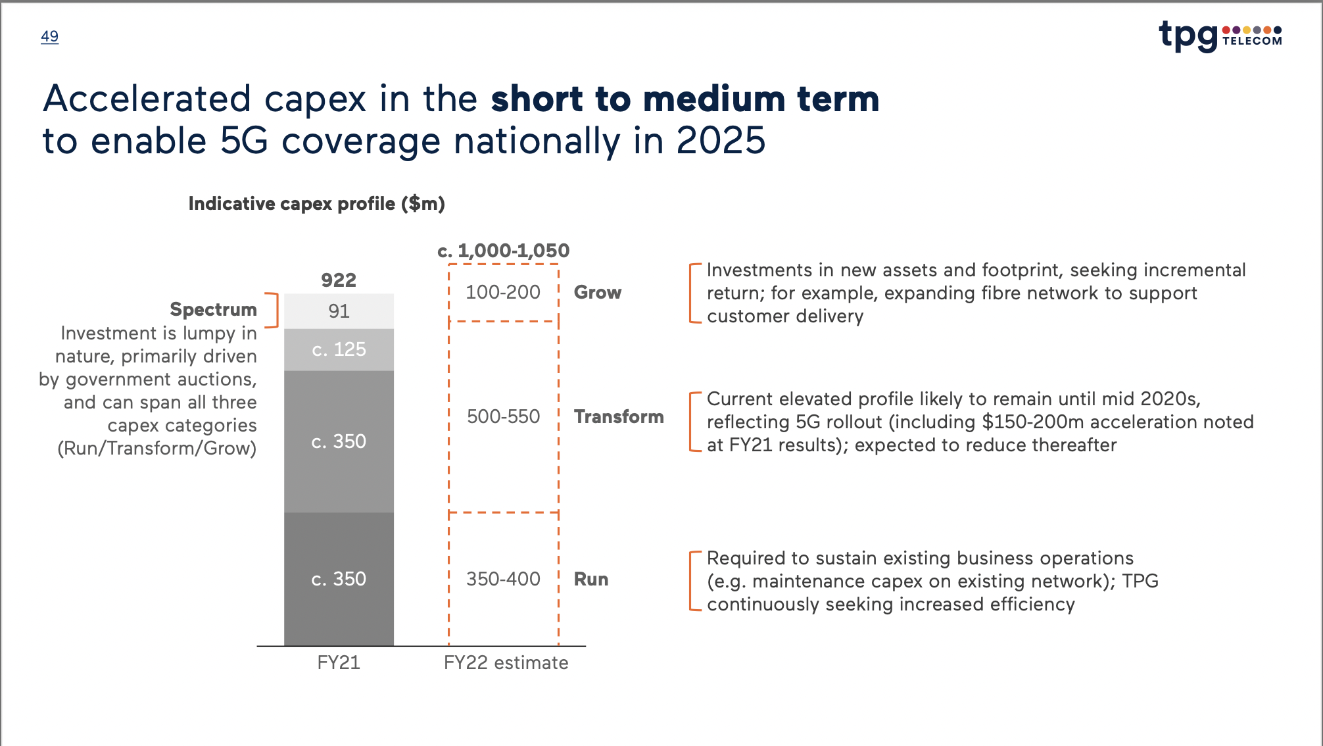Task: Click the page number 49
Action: pyautogui.click(x=49, y=36)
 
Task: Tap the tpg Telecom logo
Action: pyautogui.click(x=1220, y=36)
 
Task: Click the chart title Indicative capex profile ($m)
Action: pyautogui.click(x=316, y=204)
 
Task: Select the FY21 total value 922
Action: pyautogui.click(x=339, y=280)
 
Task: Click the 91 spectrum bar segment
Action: pyautogui.click(x=339, y=311)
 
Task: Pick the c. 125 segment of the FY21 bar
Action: pyautogui.click(x=339, y=349)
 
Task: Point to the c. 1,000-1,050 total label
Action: pyautogui.click(x=504, y=251)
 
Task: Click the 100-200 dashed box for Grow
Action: pyautogui.click(x=503, y=292)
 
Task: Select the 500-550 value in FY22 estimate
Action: pyautogui.click(x=503, y=416)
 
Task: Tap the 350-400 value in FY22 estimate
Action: pyautogui.click(x=503, y=579)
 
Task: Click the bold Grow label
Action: pyautogui.click(x=597, y=292)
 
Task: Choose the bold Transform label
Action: pyautogui.click(x=619, y=416)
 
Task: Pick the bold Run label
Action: pyautogui.click(x=590, y=579)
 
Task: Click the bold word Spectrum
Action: pyautogui.click(x=213, y=309)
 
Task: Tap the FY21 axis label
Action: pyautogui.click(x=339, y=662)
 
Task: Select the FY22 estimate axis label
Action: pyautogui.click(x=506, y=662)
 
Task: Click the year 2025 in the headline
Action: pyautogui.click(x=721, y=141)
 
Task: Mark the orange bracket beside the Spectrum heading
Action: pyautogui.click(x=274, y=311)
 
